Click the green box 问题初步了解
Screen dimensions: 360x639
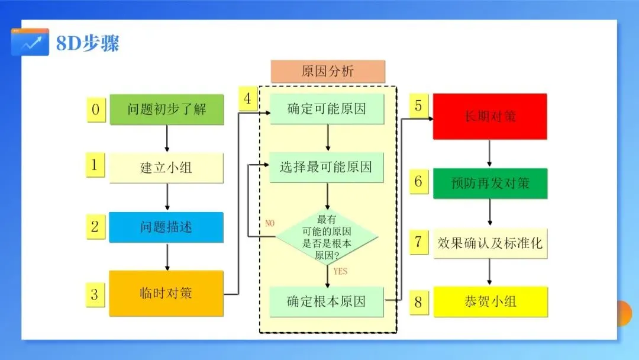[x=167, y=109]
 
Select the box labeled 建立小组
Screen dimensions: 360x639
[x=166, y=168]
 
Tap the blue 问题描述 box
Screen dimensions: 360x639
[x=166, y=227]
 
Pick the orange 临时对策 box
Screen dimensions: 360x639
[x=166, y=293]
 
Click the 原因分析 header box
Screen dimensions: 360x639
[x=328, y=72]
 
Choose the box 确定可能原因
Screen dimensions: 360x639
[x=327, y=108]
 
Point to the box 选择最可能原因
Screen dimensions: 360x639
[x=327, y=167]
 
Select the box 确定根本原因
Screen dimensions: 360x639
[x=327, y=301]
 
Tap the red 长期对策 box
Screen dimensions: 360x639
[x=490, y=116]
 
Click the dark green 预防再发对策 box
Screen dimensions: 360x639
[x=490, y=183]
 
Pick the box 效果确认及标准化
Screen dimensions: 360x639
[x=490, y=243]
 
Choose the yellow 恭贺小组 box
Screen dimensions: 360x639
[x=490, y=301]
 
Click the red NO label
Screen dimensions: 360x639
[x=270, y=223]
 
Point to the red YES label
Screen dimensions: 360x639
[x=340, y=272]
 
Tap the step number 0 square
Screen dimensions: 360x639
[x=96, y=110]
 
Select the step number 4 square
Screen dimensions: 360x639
[x=248, y=99]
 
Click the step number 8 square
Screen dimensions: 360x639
[x=418, y=303]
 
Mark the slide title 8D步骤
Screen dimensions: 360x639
[x=88, y=44]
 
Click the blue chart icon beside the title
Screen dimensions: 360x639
[x=30, y=43]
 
